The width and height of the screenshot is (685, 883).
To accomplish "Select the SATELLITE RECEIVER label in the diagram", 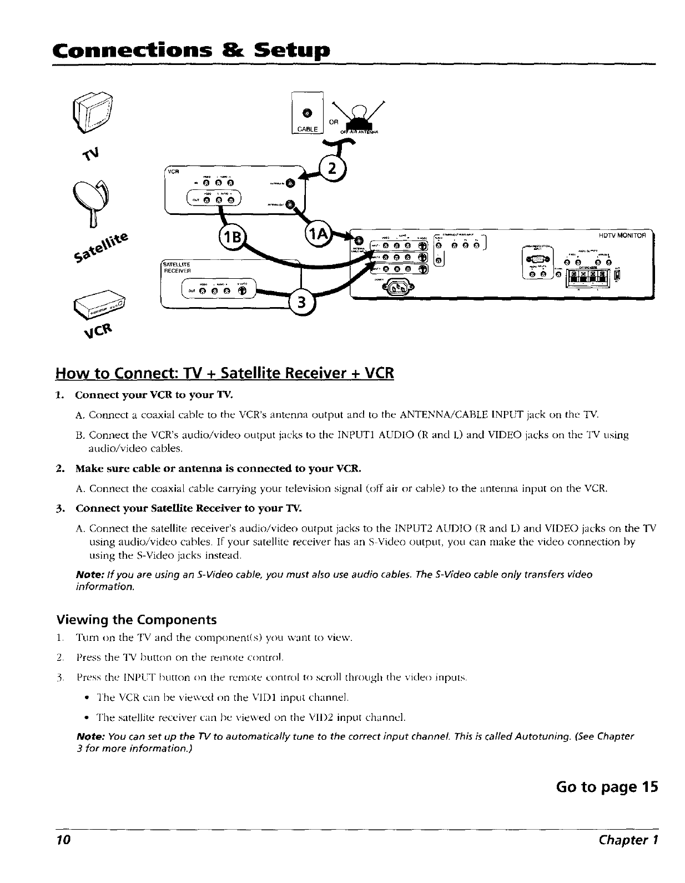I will pos(176,267).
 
